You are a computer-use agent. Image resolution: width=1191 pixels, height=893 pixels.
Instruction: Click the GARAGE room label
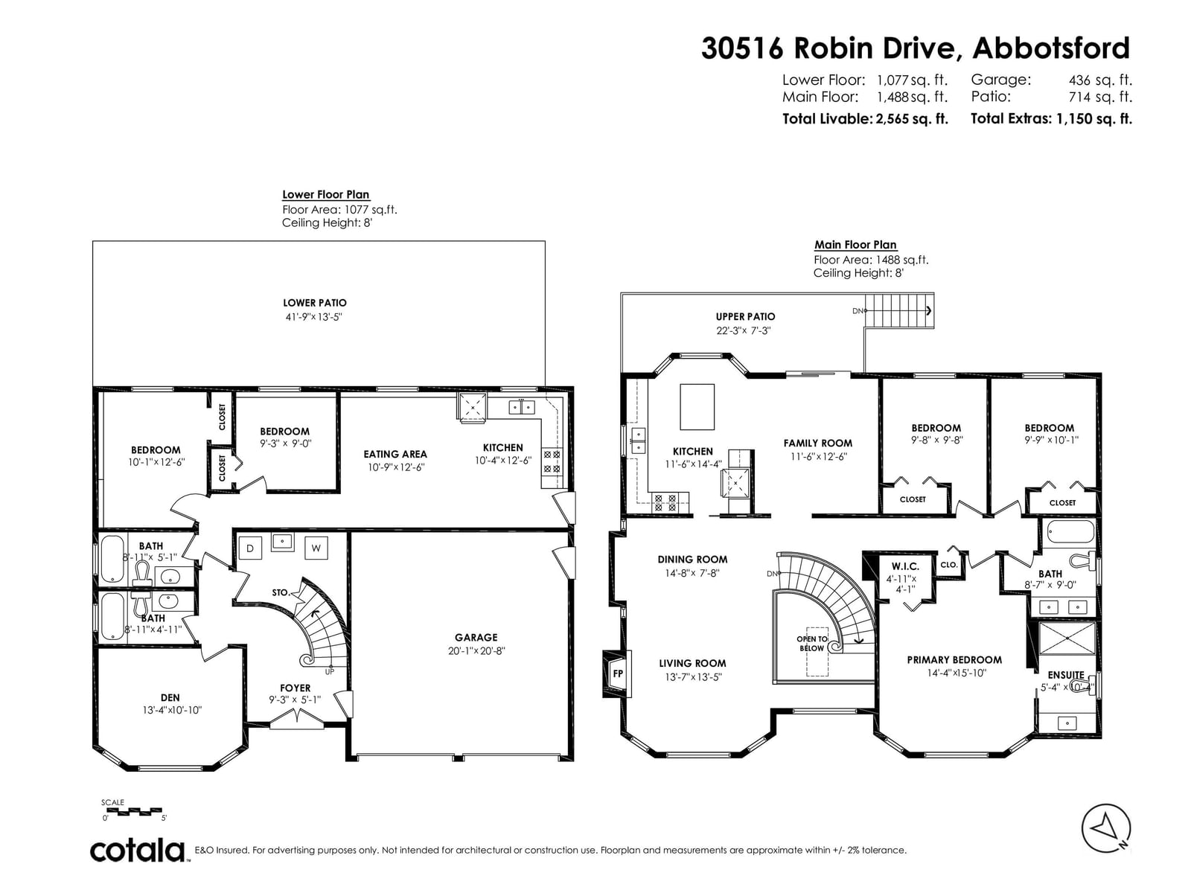coord(476,638)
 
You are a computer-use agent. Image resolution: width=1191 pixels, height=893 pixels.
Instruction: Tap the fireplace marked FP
coord(617,673)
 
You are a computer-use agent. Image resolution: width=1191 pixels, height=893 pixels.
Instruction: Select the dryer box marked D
coord(250,548)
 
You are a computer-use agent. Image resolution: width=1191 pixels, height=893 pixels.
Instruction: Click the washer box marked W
coord(316,548)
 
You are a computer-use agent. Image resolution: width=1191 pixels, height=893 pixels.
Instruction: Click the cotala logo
coord(137,851)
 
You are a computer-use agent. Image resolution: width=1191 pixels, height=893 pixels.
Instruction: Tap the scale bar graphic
coord(131,811)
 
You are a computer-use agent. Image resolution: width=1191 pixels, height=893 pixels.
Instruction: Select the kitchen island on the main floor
coord(697,406)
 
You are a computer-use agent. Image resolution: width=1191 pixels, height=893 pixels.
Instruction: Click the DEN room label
coord(170,698)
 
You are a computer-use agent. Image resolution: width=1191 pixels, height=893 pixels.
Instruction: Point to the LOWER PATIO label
coord(314,303)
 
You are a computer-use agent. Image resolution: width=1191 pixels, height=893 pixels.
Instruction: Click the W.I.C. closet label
coord(905,566)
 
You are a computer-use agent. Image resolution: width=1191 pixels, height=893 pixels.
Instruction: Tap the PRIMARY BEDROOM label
coord(954,660)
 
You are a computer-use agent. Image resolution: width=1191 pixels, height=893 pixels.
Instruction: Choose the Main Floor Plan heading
coord(855,245)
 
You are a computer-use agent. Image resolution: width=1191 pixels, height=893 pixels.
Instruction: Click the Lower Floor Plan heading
coord(325,195)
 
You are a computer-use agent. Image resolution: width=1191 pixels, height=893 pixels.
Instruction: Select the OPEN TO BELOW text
coord(811,644)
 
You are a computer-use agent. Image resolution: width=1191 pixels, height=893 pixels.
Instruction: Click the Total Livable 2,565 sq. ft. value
coord(912,119)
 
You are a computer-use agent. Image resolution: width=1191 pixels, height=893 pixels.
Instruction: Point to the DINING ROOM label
coord(692,560)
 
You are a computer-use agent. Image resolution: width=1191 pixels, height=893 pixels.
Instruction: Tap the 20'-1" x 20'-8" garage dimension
coord(476,651)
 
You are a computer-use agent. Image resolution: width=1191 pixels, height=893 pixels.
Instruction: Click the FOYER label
coord(296,688)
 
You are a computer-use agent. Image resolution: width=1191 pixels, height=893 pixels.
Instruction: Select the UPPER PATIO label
coord(745,317)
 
